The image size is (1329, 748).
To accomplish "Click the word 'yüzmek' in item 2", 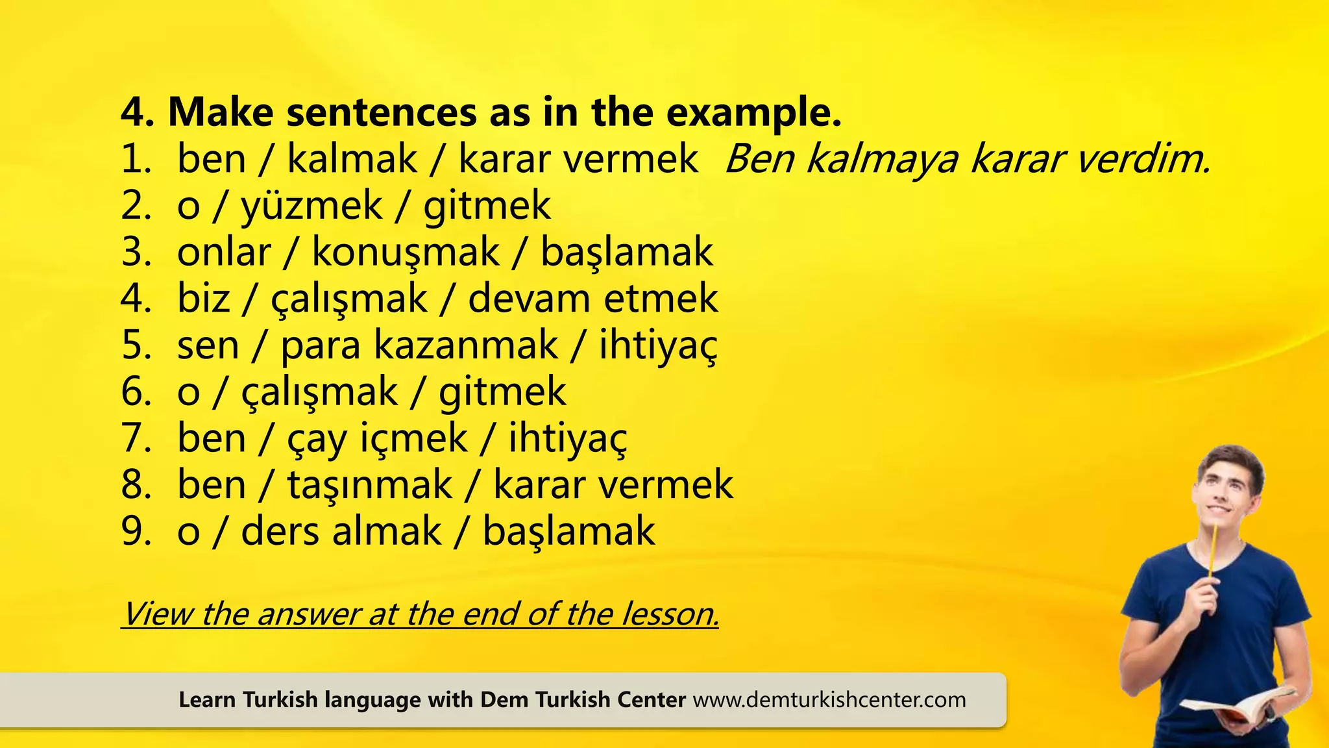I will coord(311,206).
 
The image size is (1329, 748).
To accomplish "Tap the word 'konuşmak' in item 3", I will coord(406,253).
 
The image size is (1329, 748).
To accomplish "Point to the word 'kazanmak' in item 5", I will coord(465,345).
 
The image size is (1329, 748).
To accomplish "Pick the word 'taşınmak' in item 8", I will coord(369,485).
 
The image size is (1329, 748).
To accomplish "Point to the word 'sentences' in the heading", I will coord(381,113).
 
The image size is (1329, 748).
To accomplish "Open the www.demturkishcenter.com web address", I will coord(829,700).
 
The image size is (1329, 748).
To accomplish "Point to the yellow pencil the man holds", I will coord(1212,552).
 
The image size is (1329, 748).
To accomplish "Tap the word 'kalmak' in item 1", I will coord(352,160).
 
